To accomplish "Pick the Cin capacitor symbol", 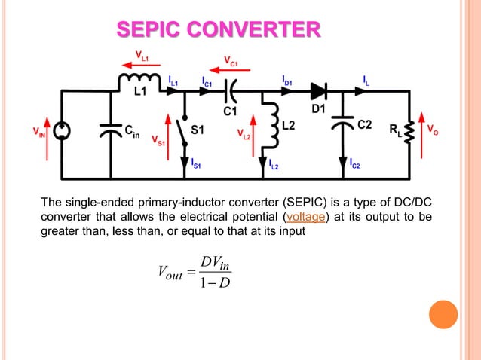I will pos(110,133).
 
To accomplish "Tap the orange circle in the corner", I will pos(443,314).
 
